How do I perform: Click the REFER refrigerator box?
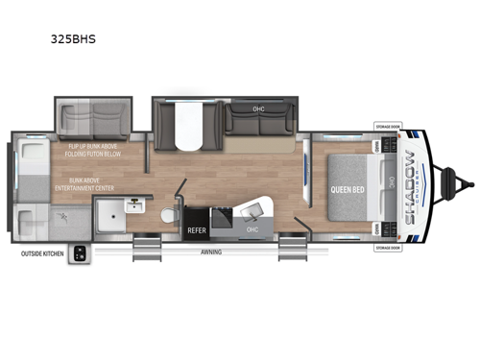click(196, 230)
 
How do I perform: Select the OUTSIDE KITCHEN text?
click(43, 253)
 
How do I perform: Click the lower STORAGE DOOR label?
click(389, 246)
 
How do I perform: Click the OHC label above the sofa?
click(258, 108)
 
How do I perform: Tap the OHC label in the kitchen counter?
click(252, 229)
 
